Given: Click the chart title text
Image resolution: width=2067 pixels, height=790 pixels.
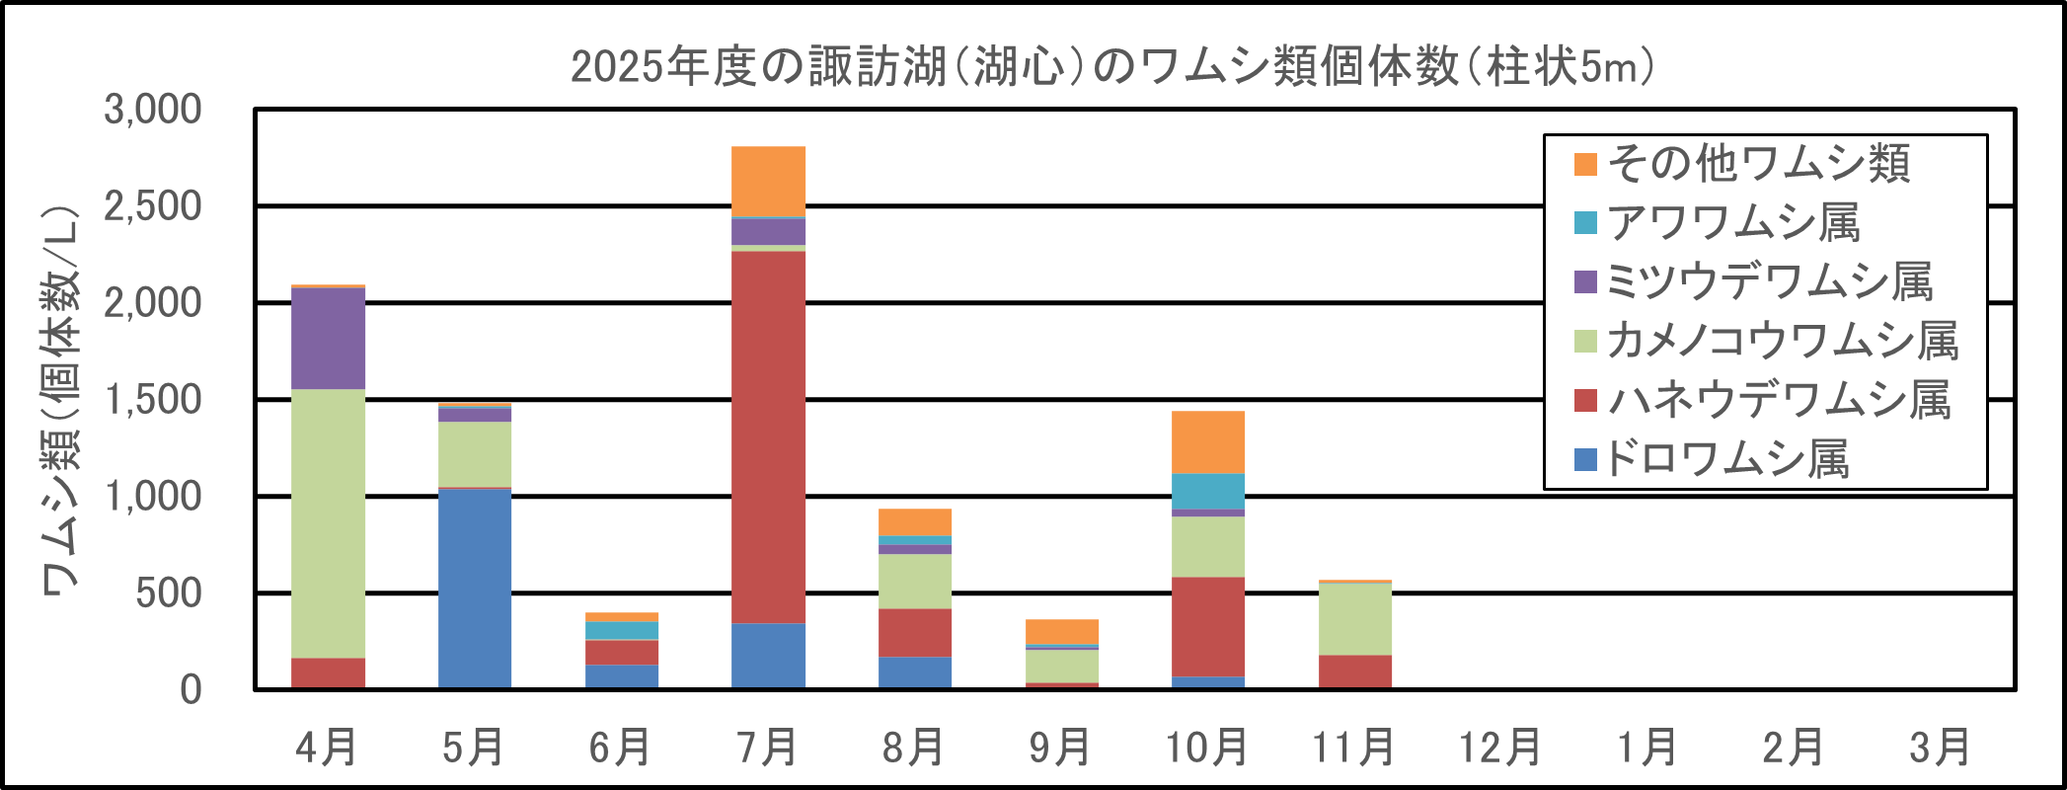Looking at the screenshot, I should point(1112,67).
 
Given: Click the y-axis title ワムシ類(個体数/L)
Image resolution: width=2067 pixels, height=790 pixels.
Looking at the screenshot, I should point(59,400).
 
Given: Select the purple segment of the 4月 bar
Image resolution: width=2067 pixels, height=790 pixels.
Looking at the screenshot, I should point(329,338).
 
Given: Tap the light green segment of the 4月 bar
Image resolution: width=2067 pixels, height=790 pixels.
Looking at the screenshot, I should point(329,523).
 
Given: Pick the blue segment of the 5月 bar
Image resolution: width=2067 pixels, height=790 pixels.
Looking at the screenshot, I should point(475,589).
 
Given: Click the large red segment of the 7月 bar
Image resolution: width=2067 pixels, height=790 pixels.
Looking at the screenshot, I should point(768,436).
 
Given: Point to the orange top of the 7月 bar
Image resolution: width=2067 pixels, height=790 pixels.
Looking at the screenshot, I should point(768,181).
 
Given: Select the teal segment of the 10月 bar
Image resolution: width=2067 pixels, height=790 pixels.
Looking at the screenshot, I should point(1208,492).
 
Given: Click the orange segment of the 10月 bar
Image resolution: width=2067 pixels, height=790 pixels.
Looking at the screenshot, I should point(1208,442).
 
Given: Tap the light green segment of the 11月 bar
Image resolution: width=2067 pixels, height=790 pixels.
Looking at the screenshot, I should point(1355,618).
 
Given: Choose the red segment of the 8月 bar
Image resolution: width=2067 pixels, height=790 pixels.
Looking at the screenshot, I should point(915,633).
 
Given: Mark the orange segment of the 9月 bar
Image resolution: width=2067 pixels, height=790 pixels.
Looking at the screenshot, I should point(1062,631).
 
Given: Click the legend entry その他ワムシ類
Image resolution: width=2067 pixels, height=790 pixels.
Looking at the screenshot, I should point(1758,164).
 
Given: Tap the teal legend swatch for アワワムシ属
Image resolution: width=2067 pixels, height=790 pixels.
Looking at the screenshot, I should point(1585,223).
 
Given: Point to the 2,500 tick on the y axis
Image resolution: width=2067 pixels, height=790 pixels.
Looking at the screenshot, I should point(153,206).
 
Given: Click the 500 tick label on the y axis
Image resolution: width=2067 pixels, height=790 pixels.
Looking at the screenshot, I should point(169,593).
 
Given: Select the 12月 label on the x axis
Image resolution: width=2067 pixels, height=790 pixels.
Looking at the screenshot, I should point(1500,748).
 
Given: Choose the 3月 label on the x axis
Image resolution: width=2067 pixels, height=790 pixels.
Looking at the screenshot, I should point(1941,748).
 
